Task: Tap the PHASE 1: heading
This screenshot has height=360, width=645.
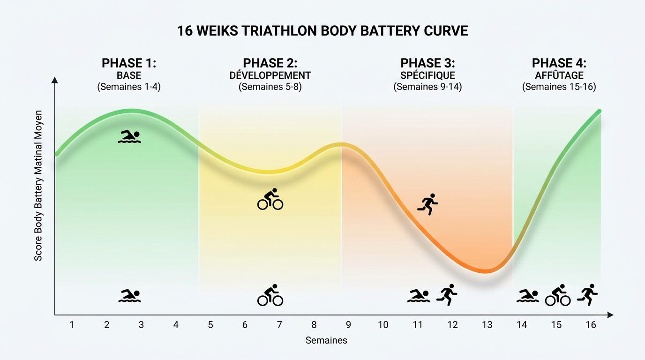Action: pos(129,63)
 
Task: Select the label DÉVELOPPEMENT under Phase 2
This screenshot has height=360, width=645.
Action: pos(270,75)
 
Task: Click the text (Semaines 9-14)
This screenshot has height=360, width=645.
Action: pos(427,87)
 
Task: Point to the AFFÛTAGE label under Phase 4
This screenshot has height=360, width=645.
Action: pos(559,75)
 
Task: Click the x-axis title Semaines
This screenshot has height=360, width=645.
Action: pos(326,340)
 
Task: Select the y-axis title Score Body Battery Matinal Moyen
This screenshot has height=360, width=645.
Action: pos(38,186)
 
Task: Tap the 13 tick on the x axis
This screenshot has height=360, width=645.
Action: pos(487,325)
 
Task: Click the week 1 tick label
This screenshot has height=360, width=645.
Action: pos(72,325)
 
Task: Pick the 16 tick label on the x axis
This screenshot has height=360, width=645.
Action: pos(591,325)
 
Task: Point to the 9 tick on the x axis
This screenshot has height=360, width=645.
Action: pos(348,325)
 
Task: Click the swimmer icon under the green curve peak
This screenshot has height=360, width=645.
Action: pos(129,136)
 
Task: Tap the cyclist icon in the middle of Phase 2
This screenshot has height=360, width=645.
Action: pos(270,199)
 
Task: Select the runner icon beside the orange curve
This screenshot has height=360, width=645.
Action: pos(428,204)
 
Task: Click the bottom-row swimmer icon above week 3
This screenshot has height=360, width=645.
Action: pos(129,296)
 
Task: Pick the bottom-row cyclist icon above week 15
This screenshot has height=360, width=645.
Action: pos(557,295)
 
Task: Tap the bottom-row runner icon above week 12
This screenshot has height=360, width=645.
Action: pos(447,295)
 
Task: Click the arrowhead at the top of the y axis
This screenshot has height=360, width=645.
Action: pos(55,80)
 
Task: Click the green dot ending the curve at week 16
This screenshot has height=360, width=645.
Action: pos(599,111)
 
